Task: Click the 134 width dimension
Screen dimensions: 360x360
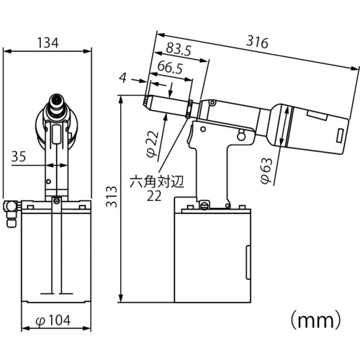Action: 48,43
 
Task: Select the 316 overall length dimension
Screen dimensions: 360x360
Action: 257,42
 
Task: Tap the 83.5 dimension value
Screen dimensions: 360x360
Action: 179,49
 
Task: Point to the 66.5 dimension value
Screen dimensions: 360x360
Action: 170,68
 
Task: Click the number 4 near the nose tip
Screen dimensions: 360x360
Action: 123,78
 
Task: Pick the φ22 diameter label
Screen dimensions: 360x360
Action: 153,144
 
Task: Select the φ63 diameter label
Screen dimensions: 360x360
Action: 266,171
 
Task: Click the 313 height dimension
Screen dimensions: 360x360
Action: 112,197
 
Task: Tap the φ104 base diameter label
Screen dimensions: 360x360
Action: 53,320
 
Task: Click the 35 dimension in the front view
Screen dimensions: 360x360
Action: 19,156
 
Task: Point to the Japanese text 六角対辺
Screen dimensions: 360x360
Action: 157,181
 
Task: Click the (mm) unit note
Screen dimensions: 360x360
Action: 315,320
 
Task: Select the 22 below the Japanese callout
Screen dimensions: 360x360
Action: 154,196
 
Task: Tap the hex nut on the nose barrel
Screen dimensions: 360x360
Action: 189,109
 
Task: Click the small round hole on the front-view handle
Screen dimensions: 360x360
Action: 49,181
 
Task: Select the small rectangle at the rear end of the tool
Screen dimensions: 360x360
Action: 340,136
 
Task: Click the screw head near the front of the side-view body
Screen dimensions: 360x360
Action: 212,103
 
